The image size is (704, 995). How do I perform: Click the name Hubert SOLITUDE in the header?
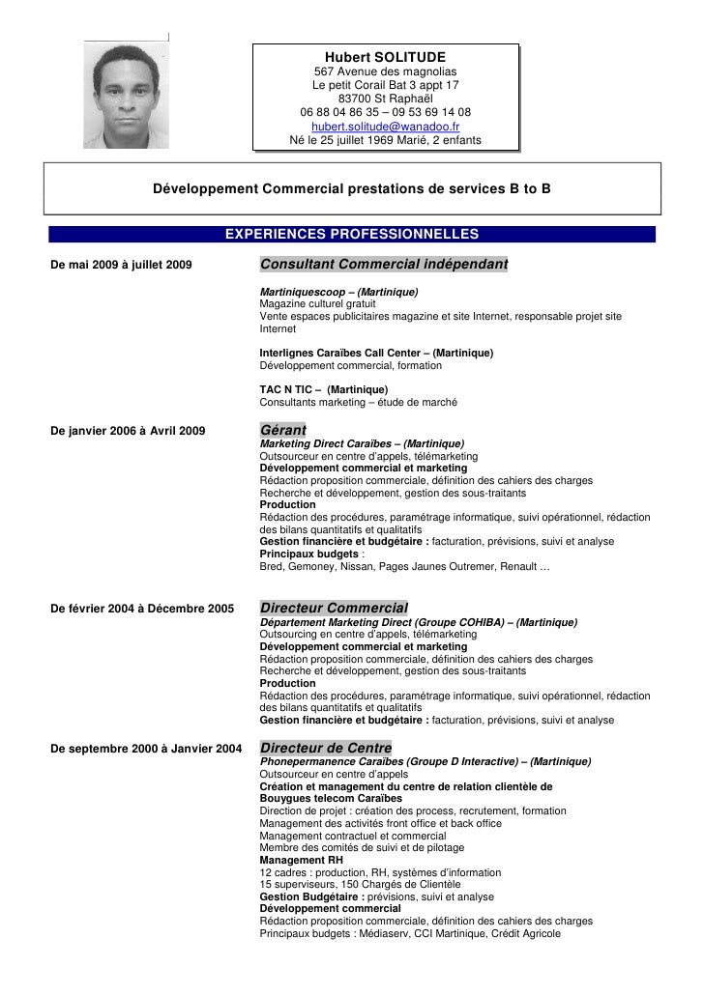coord(385,57)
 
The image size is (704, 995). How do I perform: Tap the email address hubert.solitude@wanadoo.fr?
coord(385,127)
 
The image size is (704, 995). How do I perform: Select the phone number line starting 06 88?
coord(385,112)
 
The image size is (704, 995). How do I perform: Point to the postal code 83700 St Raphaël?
coord(385,99)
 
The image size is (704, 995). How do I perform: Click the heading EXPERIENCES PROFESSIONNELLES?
coord(351,234)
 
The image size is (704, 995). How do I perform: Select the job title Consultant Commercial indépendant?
coord(384,265)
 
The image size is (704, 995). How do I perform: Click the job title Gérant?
coord(283,429)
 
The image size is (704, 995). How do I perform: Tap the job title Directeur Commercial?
coord(334,608)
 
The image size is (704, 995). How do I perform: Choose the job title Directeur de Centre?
coord(326,748)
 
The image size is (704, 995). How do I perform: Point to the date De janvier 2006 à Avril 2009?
coord(127,431)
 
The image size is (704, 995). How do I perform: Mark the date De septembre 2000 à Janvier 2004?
coord(145,749)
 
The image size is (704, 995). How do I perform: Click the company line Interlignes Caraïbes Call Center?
coord(376,353)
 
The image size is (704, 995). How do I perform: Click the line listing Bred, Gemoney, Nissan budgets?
coord(404,567)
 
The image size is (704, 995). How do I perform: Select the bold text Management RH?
coord(301,860)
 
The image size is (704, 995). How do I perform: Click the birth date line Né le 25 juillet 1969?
coord(385,141)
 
